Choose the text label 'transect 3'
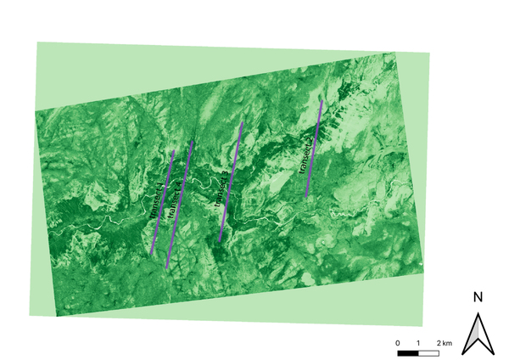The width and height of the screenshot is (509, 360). click(223, 189)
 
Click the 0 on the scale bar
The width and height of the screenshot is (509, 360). click(398, 341)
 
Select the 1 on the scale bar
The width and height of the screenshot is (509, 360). click(419, 341)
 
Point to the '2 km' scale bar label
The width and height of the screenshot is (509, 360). click(445, 341)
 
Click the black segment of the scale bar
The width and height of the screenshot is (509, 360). click(408, 352)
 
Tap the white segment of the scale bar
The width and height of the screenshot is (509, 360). click(429, 352)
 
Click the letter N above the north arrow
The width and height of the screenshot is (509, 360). click(478, 297)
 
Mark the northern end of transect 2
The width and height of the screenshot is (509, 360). click(194, 140)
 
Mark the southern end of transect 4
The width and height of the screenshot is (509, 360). click(306, 198)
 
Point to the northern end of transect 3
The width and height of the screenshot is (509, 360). click(243, 123)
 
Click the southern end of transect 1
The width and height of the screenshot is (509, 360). click(151, 254)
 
